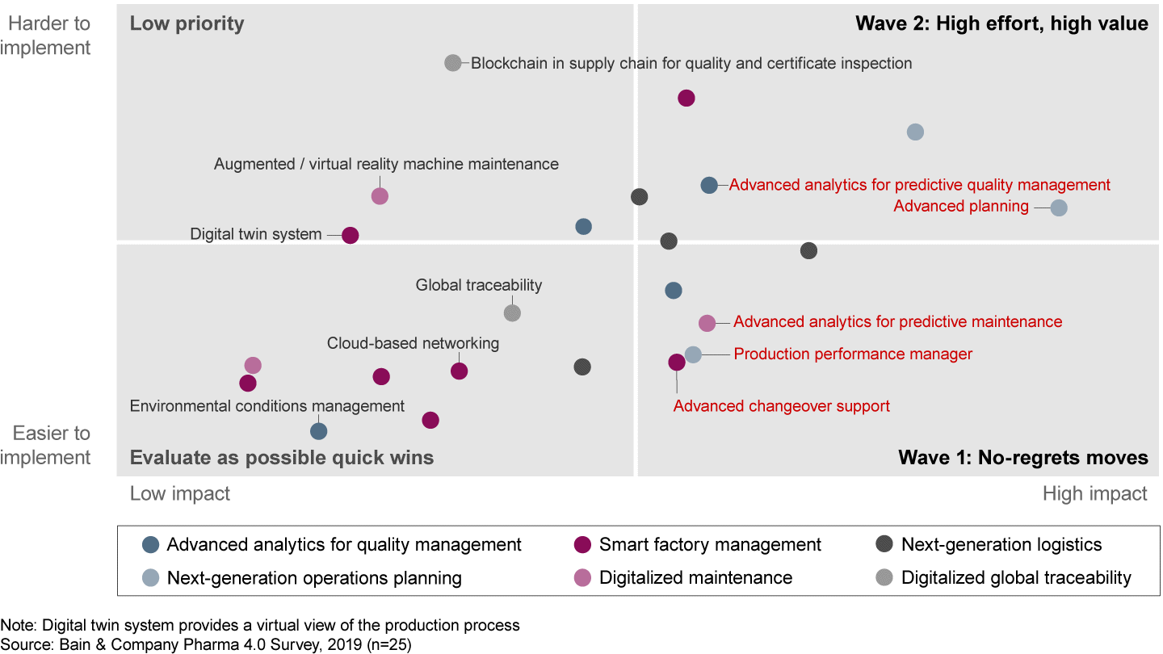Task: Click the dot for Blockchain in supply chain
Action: (x=453, y=63)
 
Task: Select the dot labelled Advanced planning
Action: (x=1059, y=208)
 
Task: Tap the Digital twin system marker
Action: (x=350, y=235)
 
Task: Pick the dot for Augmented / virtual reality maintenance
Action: (x=380, y=195)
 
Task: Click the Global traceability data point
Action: (x=512, y=312)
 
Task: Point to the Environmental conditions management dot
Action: (x=319, y=431)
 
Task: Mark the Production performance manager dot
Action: (x=693, y=354)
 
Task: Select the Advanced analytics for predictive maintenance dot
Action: (x=707, y=323)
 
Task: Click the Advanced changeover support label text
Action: (x=781, y=406)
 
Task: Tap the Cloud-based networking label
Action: (x=413, y=343)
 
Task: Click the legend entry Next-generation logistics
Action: (x=1001, y=545)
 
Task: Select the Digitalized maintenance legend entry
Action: (x=695, y=578)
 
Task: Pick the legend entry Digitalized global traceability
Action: (x=1016, y=578)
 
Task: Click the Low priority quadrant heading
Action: (x=187, y=23)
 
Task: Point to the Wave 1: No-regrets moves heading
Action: (x=1023, y=458)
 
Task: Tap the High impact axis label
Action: (x=1094, y=493)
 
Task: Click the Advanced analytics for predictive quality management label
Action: (x=919, y=185)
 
